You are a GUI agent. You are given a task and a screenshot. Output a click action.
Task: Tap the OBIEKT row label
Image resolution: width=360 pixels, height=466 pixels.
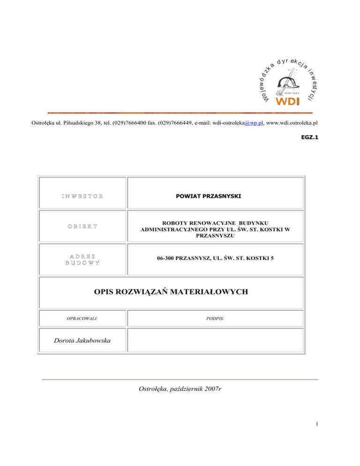point(83,226)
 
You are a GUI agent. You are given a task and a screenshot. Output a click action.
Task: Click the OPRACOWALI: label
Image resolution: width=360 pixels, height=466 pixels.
point(83,318)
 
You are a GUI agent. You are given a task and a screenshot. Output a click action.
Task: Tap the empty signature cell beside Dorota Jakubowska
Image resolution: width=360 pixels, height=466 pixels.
point(216,341)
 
